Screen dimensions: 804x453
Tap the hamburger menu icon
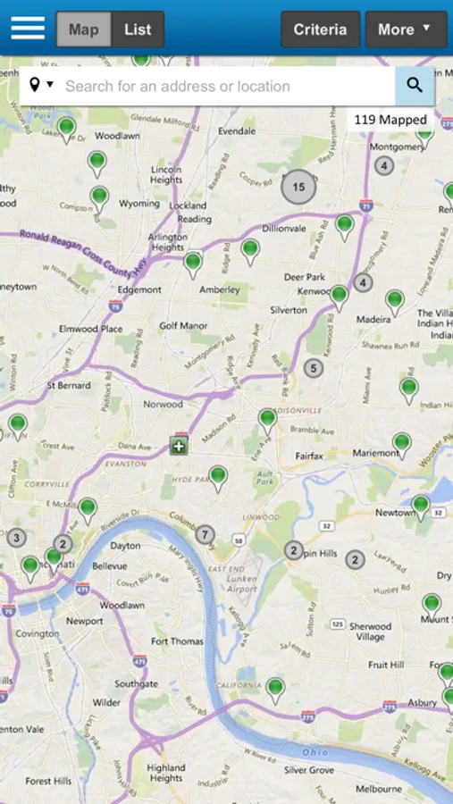[28, 29]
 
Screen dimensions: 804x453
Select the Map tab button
[84, 29]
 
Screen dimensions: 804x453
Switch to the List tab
[138, 29]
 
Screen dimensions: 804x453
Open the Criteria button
[320, 29]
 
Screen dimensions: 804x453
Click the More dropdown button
[404, 29]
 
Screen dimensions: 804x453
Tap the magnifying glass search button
[415, 86]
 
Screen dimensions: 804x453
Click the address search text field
[223, 87]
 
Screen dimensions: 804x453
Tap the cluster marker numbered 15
[298, 187]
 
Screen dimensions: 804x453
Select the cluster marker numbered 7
[206, 535]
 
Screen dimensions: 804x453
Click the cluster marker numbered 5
[313, 367]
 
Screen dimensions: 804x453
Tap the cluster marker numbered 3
[16, 537]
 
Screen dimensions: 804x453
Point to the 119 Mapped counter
[390, 120]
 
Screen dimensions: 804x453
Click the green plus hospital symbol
[179, 447]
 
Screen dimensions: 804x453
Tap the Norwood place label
[164, 404]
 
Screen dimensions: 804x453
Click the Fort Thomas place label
[177, 641]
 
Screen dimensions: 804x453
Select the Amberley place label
[220, 289]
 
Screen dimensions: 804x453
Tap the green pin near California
[275, 688]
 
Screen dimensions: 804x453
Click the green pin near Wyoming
[99, 197]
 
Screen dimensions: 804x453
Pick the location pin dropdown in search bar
[41, 86]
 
